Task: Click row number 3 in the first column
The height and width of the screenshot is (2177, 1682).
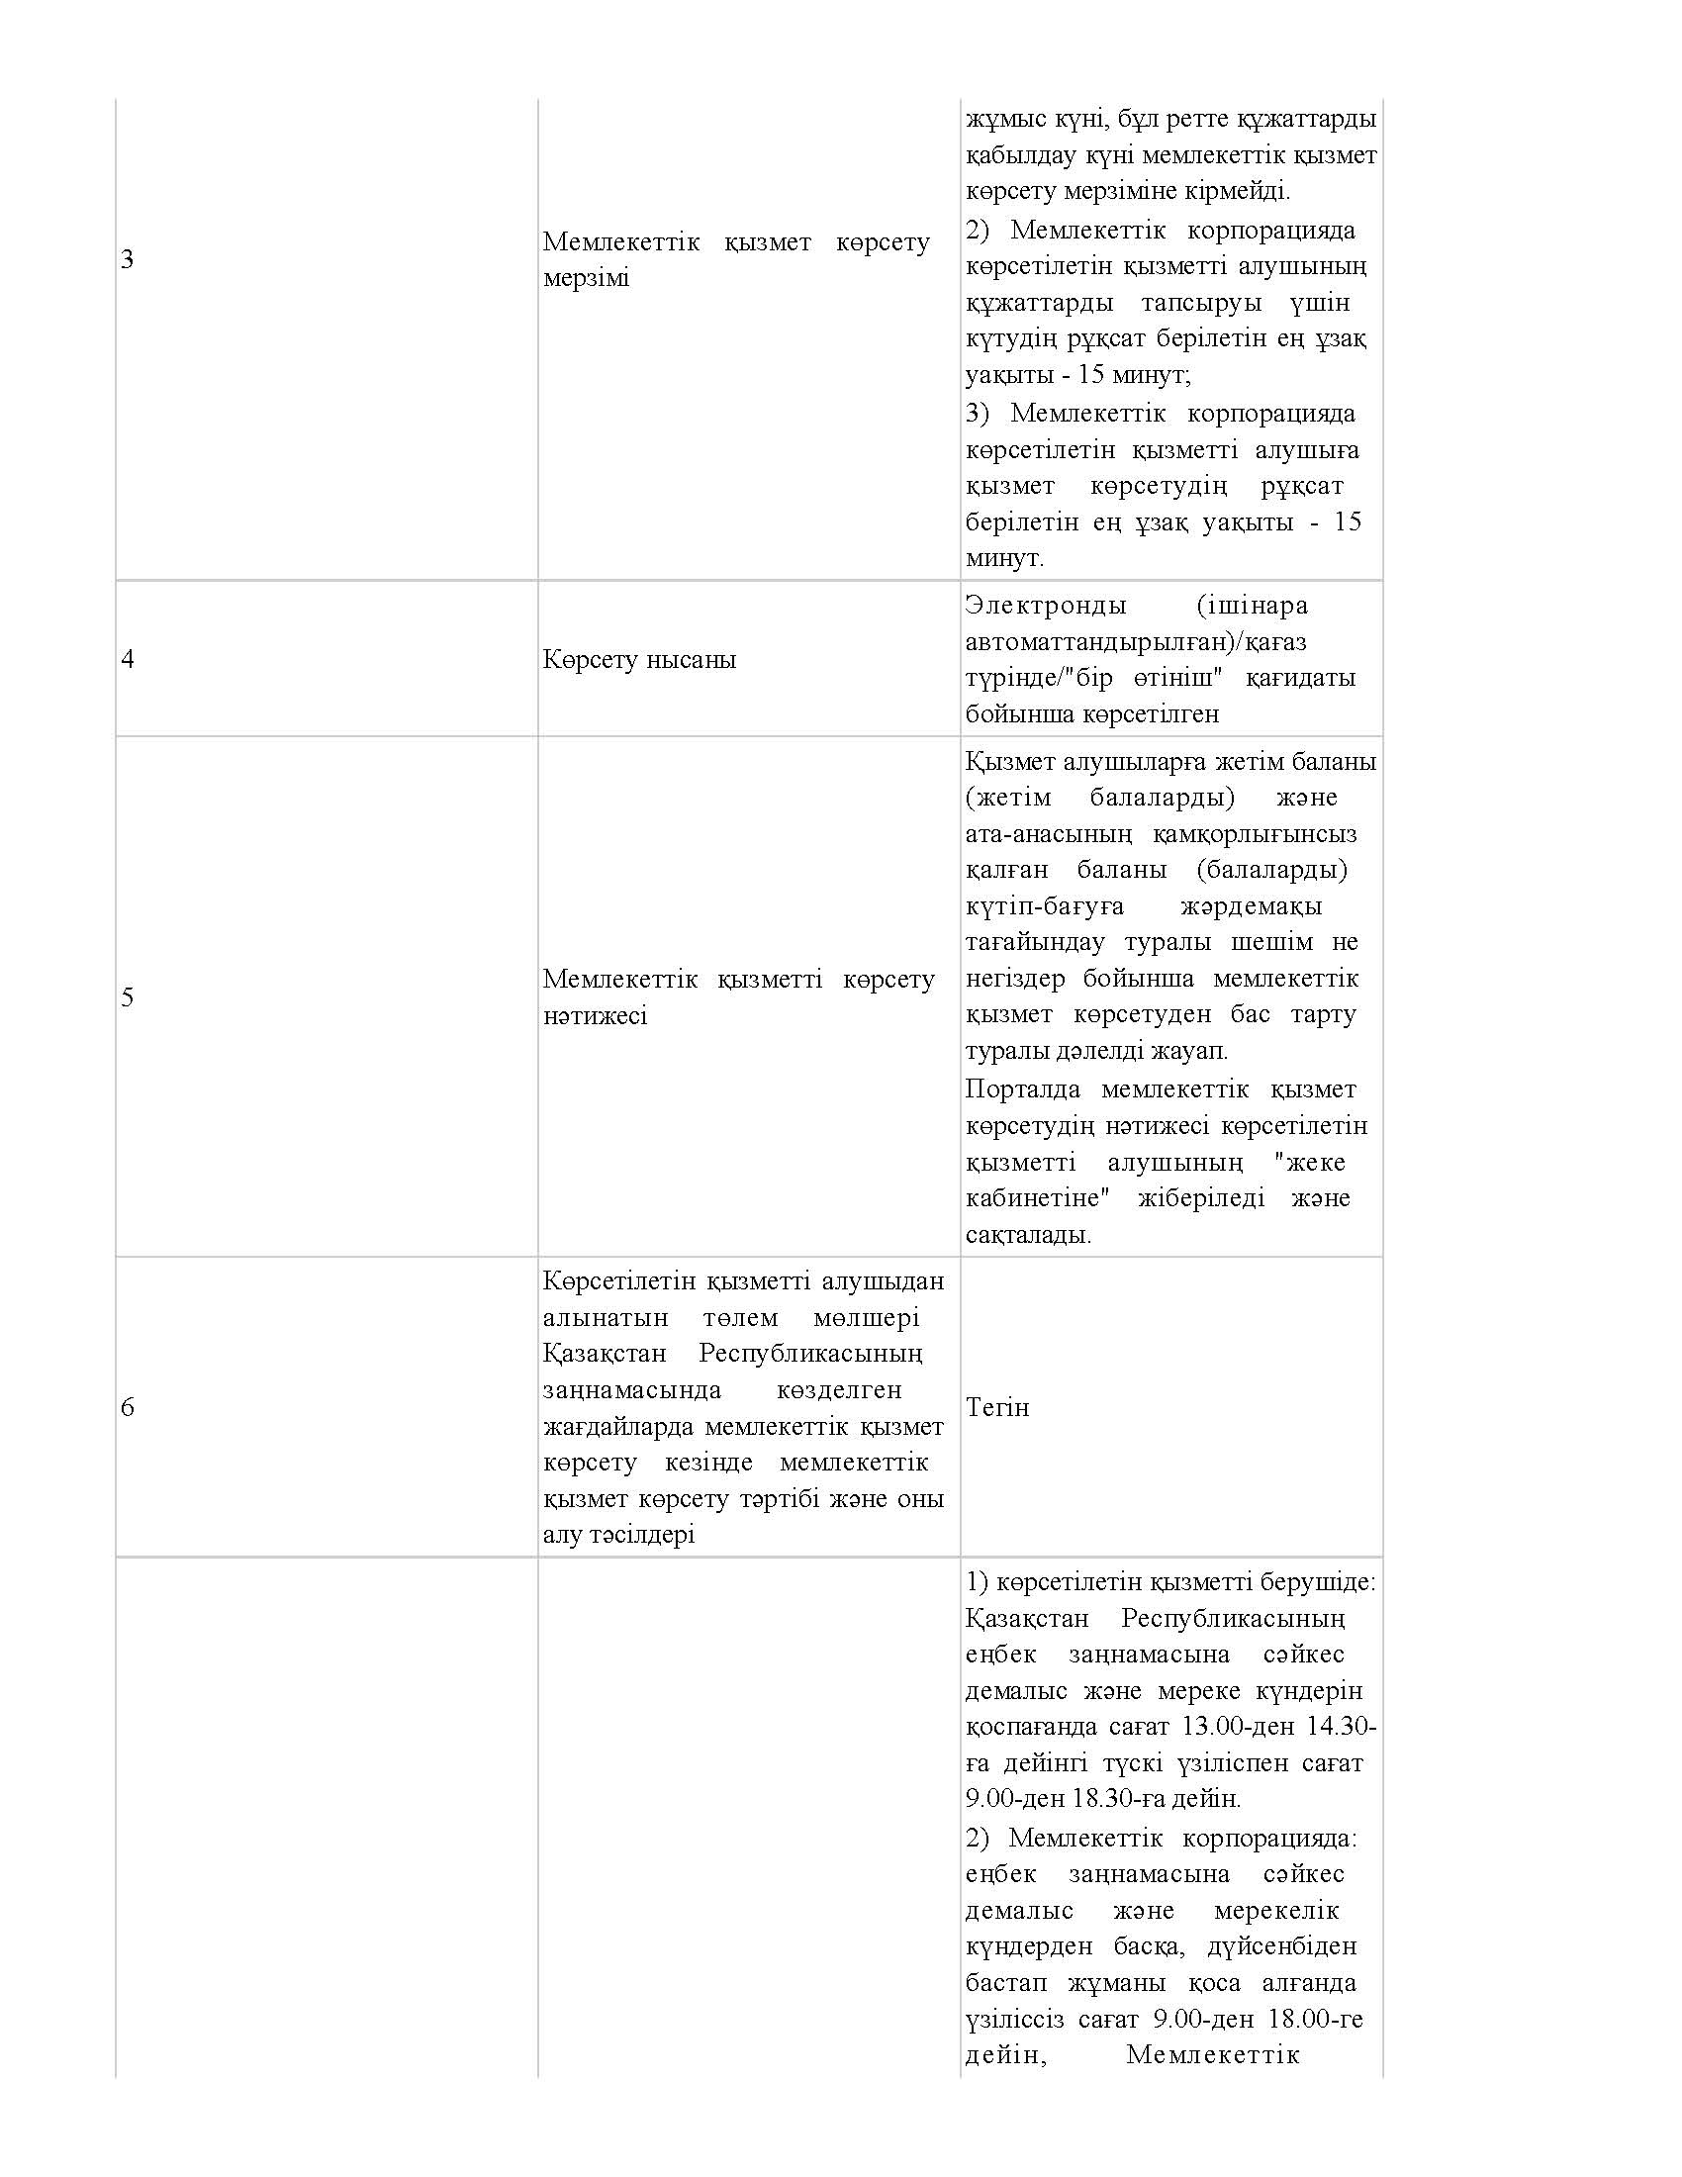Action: pos(127,260)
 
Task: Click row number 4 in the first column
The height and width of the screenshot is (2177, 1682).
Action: pos(127,660)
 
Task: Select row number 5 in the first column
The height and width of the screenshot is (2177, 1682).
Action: pos(127,997)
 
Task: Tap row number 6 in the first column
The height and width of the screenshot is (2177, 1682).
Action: pos(127,1407)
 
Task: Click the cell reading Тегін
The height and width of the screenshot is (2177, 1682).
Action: pos(997,1407)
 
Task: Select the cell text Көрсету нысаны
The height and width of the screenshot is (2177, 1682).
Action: pos(640,660)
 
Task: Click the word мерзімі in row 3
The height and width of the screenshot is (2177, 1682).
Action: pos(586,278)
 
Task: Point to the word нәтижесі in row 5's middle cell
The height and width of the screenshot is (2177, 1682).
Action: pos(595,1015)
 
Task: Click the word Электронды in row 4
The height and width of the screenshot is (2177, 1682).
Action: pos(1046,605)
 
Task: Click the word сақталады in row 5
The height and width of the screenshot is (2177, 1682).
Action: pos(1026,1235)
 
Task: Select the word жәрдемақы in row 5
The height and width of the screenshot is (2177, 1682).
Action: pos(1251,906)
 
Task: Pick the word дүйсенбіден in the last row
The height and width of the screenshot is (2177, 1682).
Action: pos(1282,1945)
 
